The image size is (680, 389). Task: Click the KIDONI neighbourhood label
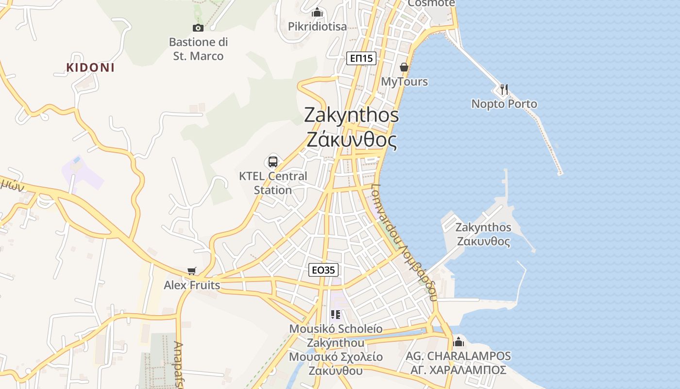90,68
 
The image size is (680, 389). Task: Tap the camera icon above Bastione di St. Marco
198,28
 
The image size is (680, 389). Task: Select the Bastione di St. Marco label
198,49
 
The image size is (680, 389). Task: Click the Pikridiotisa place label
317,26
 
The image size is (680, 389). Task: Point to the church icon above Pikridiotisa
317,12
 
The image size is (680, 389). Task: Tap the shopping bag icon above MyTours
404,67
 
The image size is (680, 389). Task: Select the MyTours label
404,81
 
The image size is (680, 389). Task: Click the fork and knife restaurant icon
504,89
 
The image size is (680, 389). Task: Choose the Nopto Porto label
504,104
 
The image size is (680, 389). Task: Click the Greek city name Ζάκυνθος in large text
352,140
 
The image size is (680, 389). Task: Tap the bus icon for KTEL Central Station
273,162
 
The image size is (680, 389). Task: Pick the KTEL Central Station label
273,183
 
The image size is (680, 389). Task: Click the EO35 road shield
323,270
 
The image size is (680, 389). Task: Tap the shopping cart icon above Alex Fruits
192,271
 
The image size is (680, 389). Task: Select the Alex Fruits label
192,285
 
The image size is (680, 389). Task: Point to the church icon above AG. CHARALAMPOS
459,342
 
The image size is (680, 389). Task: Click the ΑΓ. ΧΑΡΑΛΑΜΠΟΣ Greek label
459,370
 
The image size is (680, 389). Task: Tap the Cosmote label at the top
431,3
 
